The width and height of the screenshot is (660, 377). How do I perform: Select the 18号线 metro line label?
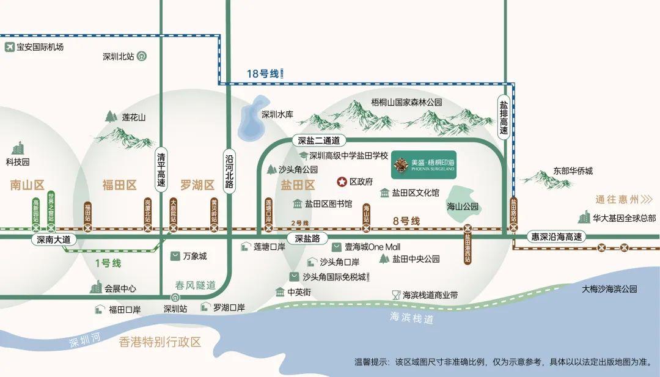point(263,74)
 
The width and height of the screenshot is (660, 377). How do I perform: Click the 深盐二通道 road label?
point(318,140)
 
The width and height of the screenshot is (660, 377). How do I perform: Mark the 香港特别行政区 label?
point(160,342)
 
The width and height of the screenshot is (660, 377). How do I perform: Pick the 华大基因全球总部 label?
point(624,217)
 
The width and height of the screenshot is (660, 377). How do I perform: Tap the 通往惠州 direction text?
point(617,199)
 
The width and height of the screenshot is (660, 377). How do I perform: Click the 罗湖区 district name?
point(197,185)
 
